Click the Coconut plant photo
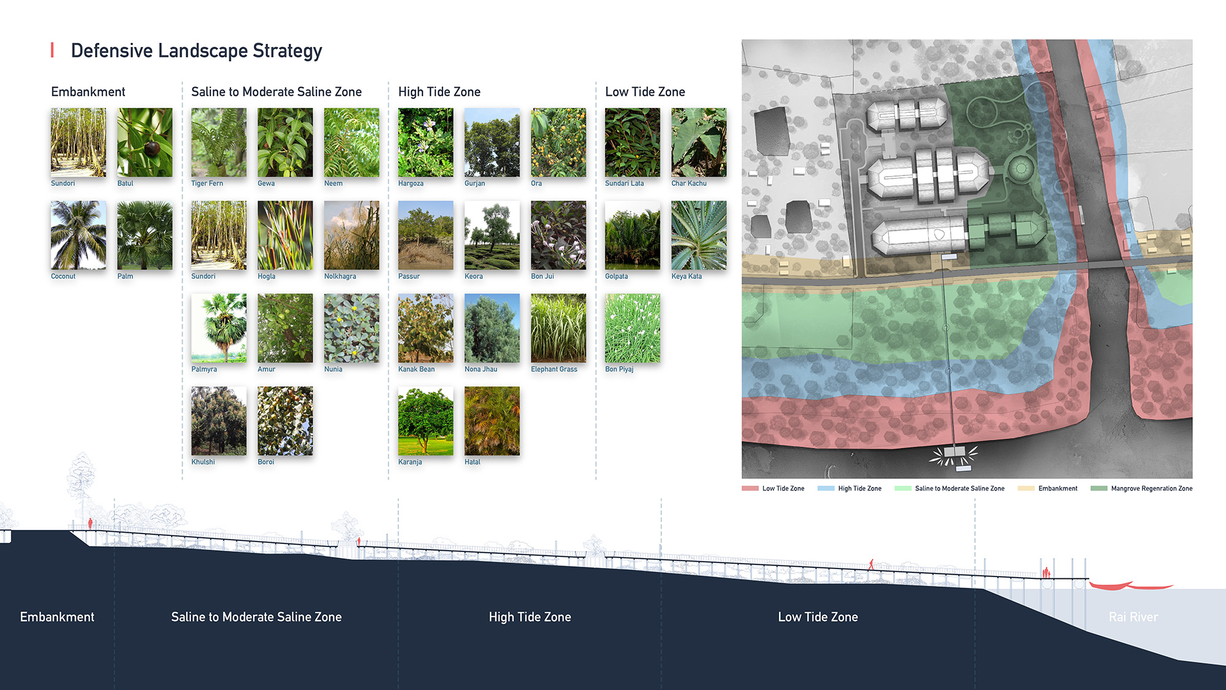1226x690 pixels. point(78,236)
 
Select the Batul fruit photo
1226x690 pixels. point(145,142)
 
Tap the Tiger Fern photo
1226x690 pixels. point(219,142)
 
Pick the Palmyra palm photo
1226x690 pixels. point(219,328)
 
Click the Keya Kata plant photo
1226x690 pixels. point(699,236)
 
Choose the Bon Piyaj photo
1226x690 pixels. point(633,328)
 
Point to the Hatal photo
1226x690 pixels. point(492,421)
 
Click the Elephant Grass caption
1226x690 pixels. point(554,369)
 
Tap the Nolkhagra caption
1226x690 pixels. point(340,277)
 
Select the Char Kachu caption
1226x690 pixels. point(689,183)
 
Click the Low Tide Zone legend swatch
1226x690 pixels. point(750,489)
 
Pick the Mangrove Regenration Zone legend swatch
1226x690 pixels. point(1099,489)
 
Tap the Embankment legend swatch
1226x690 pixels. point(1026,489)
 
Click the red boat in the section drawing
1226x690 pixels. point(1131,586)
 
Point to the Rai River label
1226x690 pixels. point(1133,617)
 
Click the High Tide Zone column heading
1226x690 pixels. point(440,92)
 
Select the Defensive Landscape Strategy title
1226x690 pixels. point(196,51)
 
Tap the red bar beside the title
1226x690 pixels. point(52,50)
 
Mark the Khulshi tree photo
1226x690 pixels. point(219,421)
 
